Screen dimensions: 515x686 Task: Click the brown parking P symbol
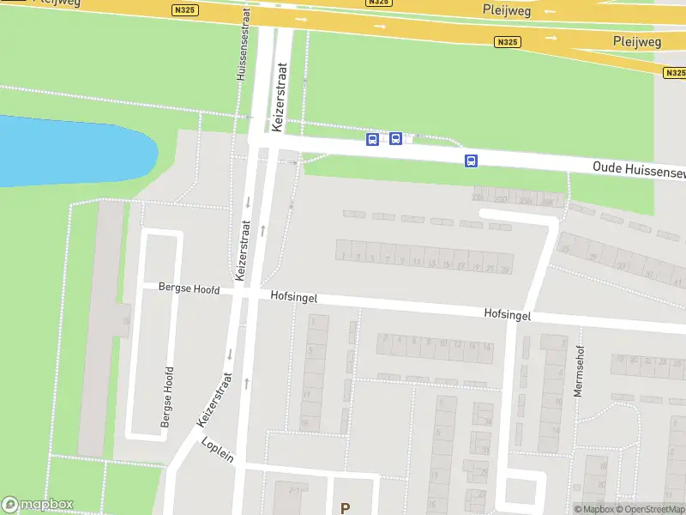click(345, 508)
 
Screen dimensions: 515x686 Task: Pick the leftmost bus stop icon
click(372, 139)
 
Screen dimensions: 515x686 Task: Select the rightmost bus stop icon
click(471, 161)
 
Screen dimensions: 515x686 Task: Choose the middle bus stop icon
click(395, 138)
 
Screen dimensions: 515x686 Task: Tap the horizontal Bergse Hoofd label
click(190, 289)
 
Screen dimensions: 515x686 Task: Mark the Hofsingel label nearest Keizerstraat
click(294, 296)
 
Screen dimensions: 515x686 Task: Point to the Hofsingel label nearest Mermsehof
click(507, 315)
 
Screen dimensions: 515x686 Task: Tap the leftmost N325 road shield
click(183, 10)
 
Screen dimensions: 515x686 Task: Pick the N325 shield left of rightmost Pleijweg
click(508, 41)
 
